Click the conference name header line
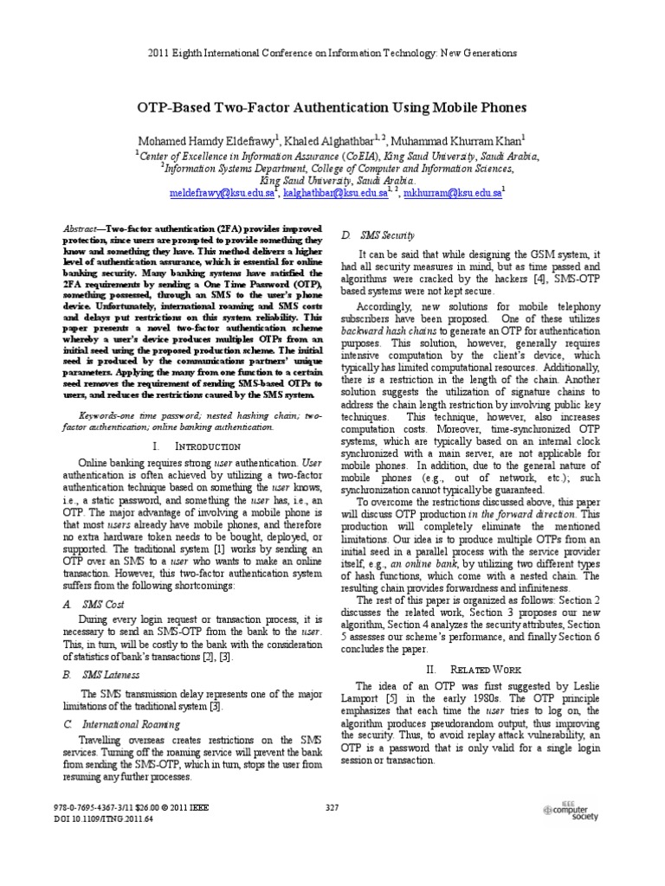click(332, 53)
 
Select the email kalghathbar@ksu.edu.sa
click(336, 196)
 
